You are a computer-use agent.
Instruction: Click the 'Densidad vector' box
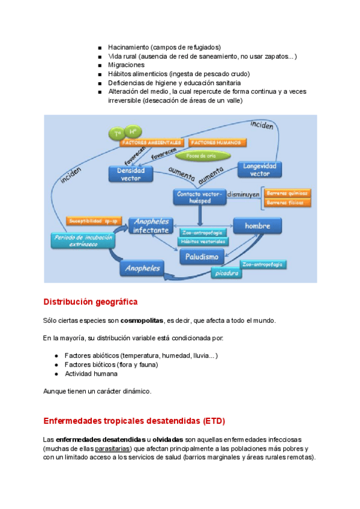pos(131,173)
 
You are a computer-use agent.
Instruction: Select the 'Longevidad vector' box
pos(260,169)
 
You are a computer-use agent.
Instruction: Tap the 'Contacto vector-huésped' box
pos(199,197)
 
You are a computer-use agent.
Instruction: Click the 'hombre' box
pos(257,226)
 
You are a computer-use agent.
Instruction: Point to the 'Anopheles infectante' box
pos(151,225)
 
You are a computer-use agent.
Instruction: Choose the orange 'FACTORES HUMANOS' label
pos(217,143)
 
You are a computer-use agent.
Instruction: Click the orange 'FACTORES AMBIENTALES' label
pos(151,143)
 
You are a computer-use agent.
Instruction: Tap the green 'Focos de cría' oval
pos(200,155)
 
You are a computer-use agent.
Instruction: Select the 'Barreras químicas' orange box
pos(287,193)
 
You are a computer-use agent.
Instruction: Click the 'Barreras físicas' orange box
pos(287,203)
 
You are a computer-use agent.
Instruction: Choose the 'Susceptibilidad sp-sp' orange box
pos(94,221)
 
